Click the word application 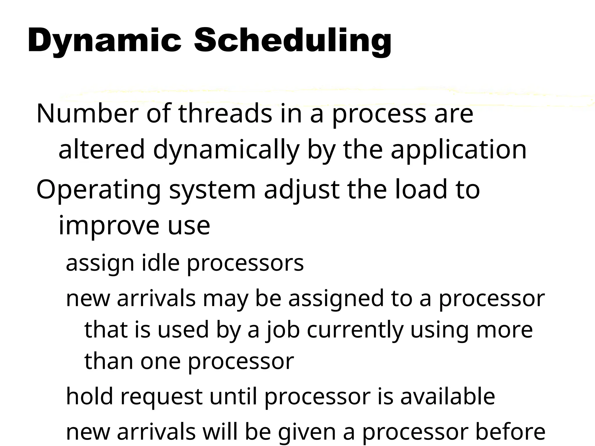coord(458,150)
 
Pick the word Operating coord(98,190)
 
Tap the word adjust coord(302,190)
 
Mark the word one coord(161,362)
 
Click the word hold coord(89,397)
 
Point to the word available coord(448,397)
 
